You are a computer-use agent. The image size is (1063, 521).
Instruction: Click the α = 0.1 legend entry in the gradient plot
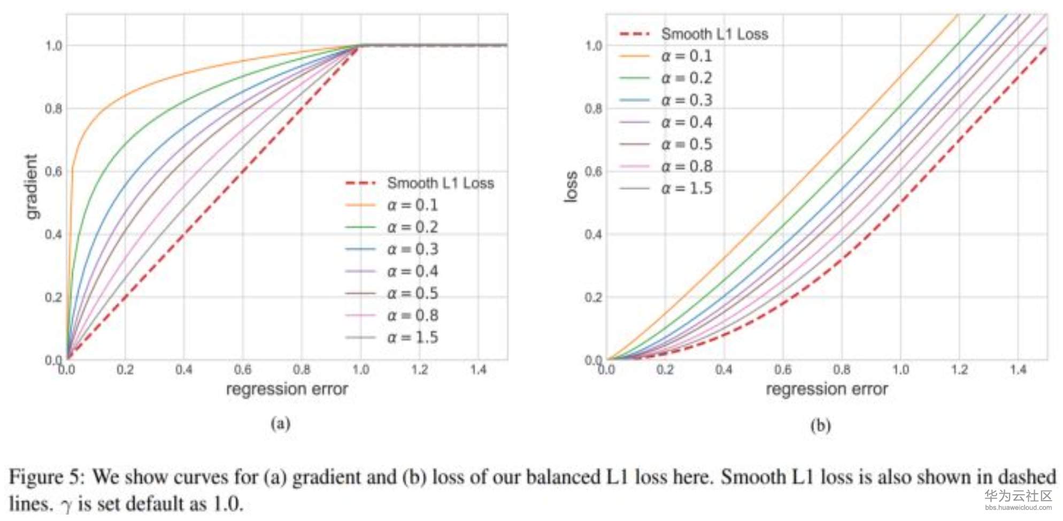(x=412, y=205)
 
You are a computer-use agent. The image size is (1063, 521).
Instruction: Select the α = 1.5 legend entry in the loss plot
(x=687, y=188)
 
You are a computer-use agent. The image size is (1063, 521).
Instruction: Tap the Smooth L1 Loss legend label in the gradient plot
(x=440, y=183)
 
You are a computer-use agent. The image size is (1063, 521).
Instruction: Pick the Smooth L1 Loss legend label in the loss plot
(x=714, y=34)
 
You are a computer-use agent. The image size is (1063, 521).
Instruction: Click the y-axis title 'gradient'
(x=32, y=187)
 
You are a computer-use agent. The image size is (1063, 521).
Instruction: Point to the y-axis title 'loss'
(x=571, y=187)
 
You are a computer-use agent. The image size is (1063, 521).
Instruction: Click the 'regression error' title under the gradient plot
(x=287, y=389)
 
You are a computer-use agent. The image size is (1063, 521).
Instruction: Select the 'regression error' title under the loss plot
(x=827, y=389)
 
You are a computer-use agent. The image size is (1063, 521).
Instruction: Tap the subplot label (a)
(x=280, y=424)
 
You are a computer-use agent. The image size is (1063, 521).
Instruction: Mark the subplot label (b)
(x=820, y=426)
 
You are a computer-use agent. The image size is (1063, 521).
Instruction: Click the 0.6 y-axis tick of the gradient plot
(x=53, y=172)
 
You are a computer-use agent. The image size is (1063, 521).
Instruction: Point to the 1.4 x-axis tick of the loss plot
(x=1018, y=370)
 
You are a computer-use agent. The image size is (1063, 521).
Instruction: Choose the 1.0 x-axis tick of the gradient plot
(x=360, y=370)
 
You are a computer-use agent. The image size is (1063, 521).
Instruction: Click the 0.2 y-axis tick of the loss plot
(x=594, y=297)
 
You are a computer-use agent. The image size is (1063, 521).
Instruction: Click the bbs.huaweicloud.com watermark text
(x=1018, y=507)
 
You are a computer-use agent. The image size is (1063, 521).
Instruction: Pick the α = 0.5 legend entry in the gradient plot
(x=412, y=293)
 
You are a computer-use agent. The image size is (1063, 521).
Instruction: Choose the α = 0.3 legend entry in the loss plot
(x=687, y=100)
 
